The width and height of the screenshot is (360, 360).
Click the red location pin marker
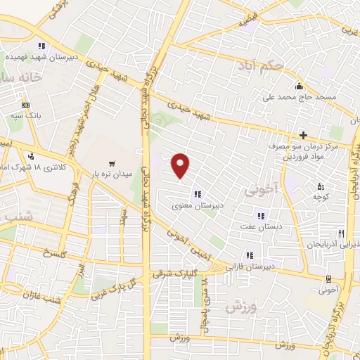(x=181, y=165)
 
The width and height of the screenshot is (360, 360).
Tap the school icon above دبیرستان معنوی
(x=198, y=195)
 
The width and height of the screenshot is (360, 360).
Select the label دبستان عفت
(x=262, y=228)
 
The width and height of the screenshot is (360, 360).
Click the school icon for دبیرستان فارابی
(x=248, y=255)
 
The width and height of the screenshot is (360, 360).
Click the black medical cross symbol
(x=303, y=134)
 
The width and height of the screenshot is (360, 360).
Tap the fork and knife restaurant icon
(x=341, y=233)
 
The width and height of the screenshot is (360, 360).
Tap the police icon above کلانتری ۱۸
(x=30, y=156)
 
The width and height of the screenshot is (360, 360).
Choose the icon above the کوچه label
(x=321, y=187)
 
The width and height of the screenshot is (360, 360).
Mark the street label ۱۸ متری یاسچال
(x=206, y=292)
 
